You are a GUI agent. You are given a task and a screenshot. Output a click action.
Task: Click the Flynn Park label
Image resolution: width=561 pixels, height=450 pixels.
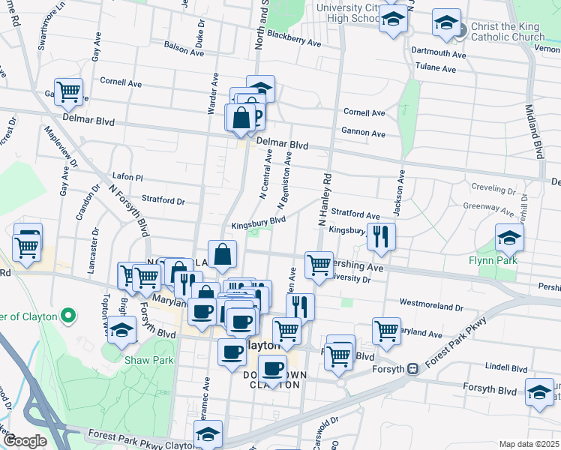tap(518, 262)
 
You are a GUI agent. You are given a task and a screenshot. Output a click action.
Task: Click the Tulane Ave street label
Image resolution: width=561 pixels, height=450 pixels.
tap(435, 68)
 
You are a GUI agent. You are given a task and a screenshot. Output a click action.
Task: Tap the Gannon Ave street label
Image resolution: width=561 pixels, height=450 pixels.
tap(364, 133)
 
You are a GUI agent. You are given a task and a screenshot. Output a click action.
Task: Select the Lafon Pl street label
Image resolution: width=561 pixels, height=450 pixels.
tap(127, 177)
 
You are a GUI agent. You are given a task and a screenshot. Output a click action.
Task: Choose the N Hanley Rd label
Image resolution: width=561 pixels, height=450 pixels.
tap(324, 201)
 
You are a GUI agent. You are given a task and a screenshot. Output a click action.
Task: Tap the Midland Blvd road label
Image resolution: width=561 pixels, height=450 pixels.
tap(533, 131)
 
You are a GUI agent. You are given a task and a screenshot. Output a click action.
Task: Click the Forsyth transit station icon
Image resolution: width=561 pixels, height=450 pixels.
tap(412, 368)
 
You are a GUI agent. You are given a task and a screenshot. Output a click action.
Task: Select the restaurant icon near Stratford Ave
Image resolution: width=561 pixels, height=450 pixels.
tap(381, 236)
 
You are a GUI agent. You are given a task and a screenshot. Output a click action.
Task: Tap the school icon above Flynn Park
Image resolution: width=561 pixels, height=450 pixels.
tap(509, 237)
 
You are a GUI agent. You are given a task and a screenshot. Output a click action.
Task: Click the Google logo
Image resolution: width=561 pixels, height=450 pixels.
tap(24, 441)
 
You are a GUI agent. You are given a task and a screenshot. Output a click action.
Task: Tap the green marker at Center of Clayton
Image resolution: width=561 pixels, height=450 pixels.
tap(68, 316)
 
